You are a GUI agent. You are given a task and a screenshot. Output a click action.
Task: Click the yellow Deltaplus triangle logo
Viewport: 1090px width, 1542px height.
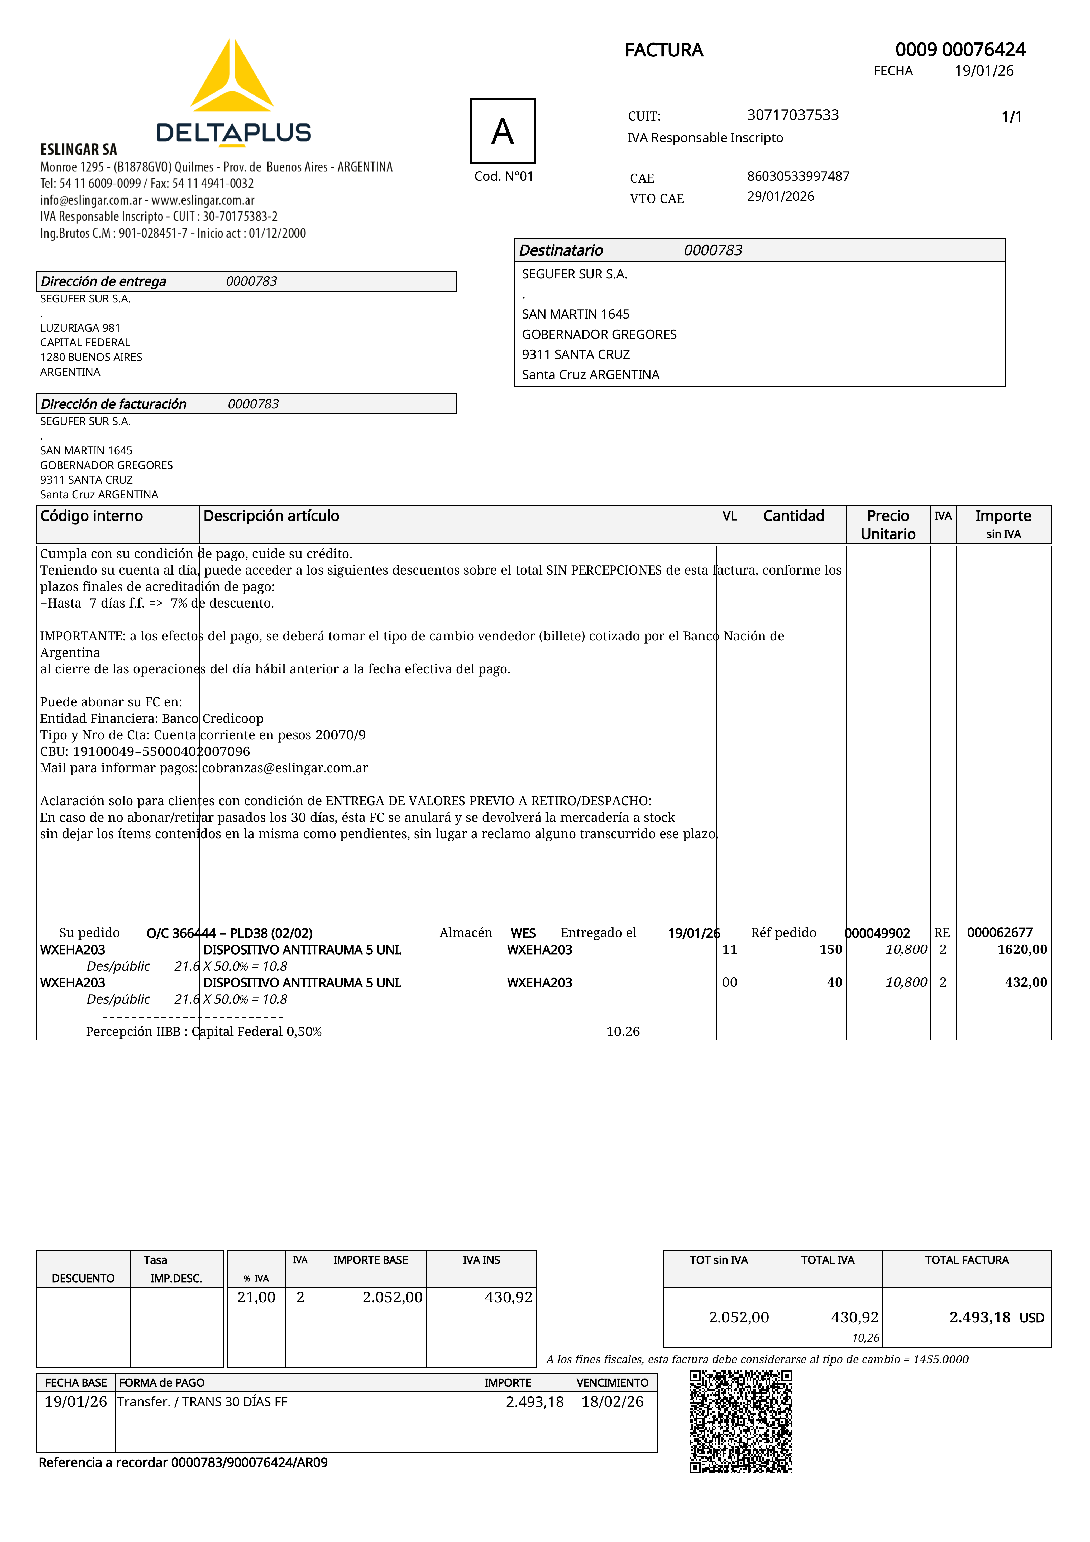(232, 77)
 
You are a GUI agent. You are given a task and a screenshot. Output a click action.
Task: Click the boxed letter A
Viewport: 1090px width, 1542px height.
(503, 131)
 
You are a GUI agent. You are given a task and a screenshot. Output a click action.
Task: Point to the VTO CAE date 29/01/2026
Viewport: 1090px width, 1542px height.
(780, 196)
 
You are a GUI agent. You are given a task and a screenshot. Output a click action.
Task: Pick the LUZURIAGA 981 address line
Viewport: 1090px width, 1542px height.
(80, 328)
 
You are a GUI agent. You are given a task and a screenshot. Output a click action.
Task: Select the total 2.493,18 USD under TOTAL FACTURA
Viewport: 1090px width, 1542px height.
(996, 1317)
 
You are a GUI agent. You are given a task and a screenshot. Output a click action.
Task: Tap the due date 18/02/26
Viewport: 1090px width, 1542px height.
(612, 1402)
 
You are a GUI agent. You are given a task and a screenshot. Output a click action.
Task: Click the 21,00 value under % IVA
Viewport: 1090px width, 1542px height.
(256, 1297)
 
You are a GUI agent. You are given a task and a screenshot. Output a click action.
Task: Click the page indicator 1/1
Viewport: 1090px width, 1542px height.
(1011, 117)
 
